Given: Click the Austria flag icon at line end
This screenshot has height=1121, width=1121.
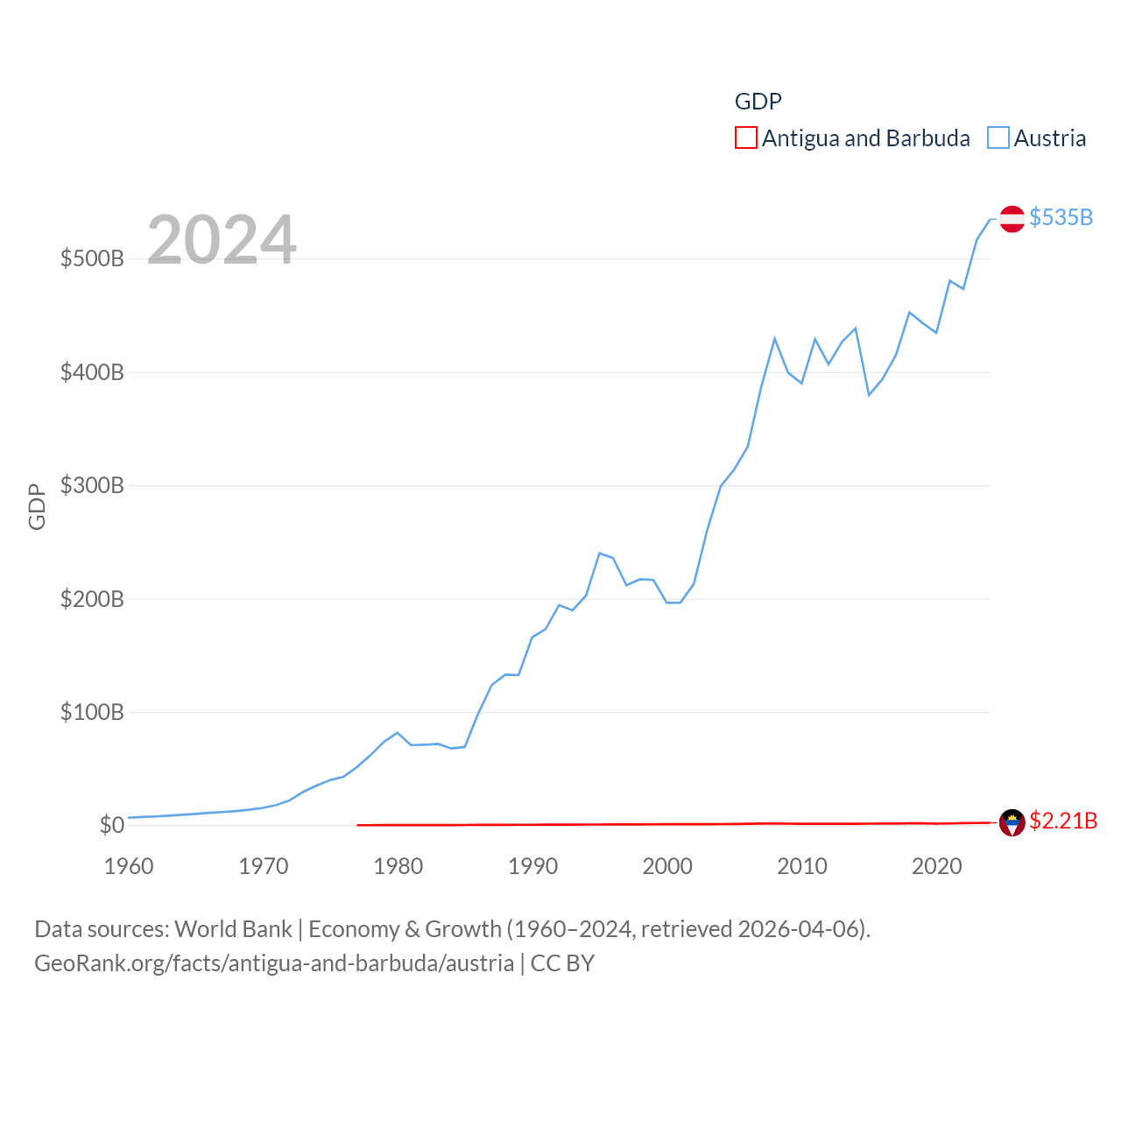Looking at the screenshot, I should tap(1012, 218).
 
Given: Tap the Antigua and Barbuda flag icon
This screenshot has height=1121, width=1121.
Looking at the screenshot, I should tap(1012, 822).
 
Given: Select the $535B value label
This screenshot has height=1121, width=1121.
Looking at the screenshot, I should tap(1061, 217).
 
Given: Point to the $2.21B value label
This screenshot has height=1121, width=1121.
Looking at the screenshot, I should tap(1062, 821).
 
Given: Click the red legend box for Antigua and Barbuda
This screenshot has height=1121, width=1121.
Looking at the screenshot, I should tap(745, 138).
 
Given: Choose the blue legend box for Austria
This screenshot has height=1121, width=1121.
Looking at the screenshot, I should tap(998, 138).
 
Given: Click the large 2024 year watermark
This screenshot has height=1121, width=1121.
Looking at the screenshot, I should tap(222, 240).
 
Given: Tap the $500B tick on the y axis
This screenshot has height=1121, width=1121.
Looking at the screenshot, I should tap(92, 258).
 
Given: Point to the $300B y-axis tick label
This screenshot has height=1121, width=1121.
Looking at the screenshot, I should tap(92, 485).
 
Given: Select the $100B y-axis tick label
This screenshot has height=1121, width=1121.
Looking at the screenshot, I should tap(92, 712).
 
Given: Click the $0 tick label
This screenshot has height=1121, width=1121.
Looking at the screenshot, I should tap(111, 825).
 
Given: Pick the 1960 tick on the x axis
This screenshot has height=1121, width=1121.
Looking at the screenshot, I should tap(129, 866).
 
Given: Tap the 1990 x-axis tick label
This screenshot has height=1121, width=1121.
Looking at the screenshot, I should tap(532, 866).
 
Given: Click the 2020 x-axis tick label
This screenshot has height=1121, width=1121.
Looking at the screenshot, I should tap(936, 866).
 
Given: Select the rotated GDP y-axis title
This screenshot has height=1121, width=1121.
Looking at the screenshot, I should tap(37, 506).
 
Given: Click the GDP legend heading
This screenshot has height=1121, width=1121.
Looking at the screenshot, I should tap(758, 102).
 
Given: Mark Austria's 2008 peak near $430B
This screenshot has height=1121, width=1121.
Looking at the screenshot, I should tap(774, 338).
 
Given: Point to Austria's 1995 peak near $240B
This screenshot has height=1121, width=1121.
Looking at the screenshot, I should tap(599, 553).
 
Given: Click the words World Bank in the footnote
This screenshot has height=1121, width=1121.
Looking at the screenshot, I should tap(233, 928).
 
